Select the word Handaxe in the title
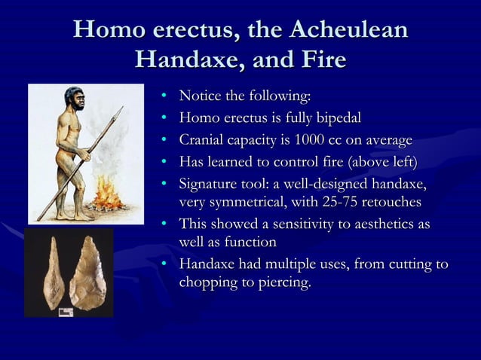(185, 59)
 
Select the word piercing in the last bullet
(280, 283)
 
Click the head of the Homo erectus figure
(73, 97)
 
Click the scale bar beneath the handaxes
(66, 310)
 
